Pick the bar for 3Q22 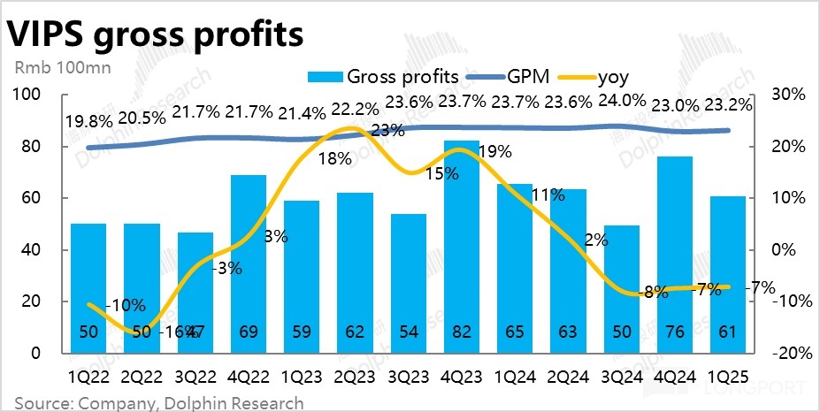point(195,292)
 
